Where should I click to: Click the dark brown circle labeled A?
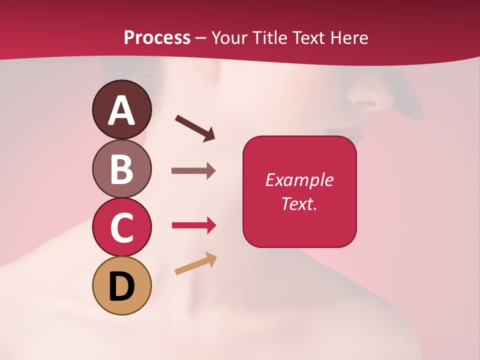[x=122, y=109]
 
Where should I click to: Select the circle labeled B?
[x=122, y=168]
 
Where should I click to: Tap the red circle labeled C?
[x=122, y=227]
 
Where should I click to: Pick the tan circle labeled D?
[x=122, y=285]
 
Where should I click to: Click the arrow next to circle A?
[x=195, y=127]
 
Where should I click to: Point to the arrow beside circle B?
[x=193, y=171]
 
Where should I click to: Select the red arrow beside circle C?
[x=193, y=225]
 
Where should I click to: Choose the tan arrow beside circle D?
[x=195, y=263]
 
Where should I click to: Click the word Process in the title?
[x=157, y=37]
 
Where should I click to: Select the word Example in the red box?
[x=299, y=180]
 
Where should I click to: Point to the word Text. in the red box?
[x=299, y=203]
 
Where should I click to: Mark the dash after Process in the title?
[x=200, y=38]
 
